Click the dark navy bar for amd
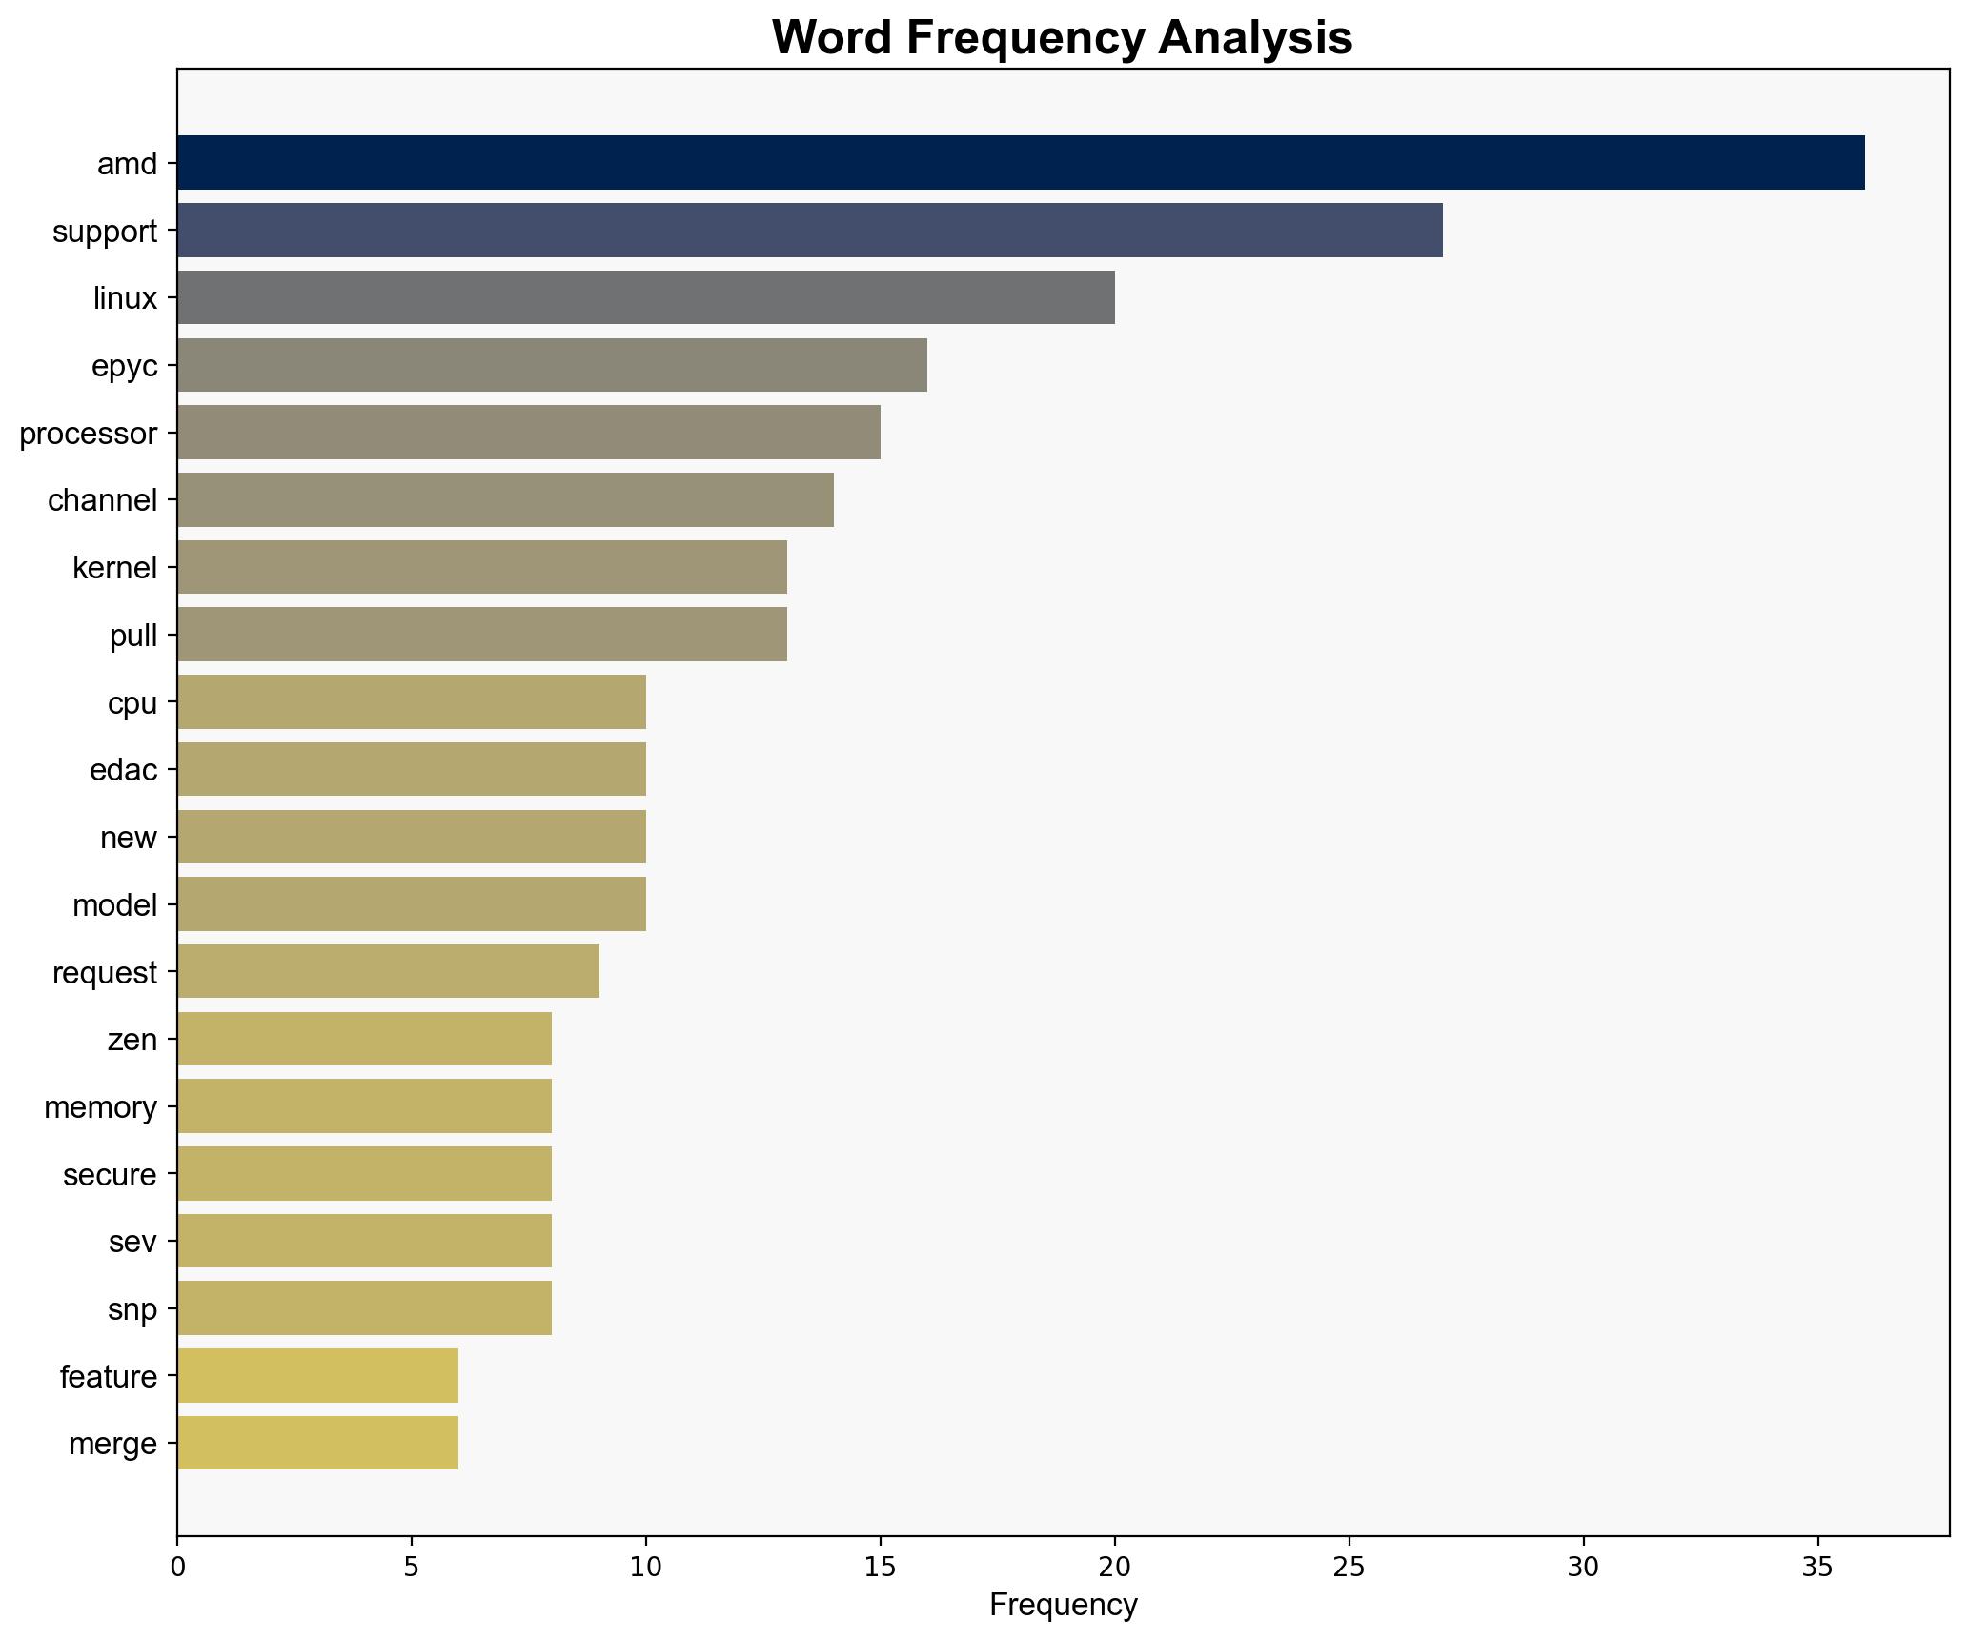1020,163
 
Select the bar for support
809,231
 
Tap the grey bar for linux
645,297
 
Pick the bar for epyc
552,365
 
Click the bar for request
388,972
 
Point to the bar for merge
317,1443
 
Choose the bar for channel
505,500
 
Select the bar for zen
364,1039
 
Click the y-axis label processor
88,434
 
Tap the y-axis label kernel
114,568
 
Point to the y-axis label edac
123,770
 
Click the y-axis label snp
132,1309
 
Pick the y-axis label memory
100,1107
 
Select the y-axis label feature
108,1377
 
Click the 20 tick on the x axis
1114,1567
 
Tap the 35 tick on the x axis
1817,1567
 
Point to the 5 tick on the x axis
411,1567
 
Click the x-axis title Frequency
1063,1606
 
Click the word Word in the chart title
831,38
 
